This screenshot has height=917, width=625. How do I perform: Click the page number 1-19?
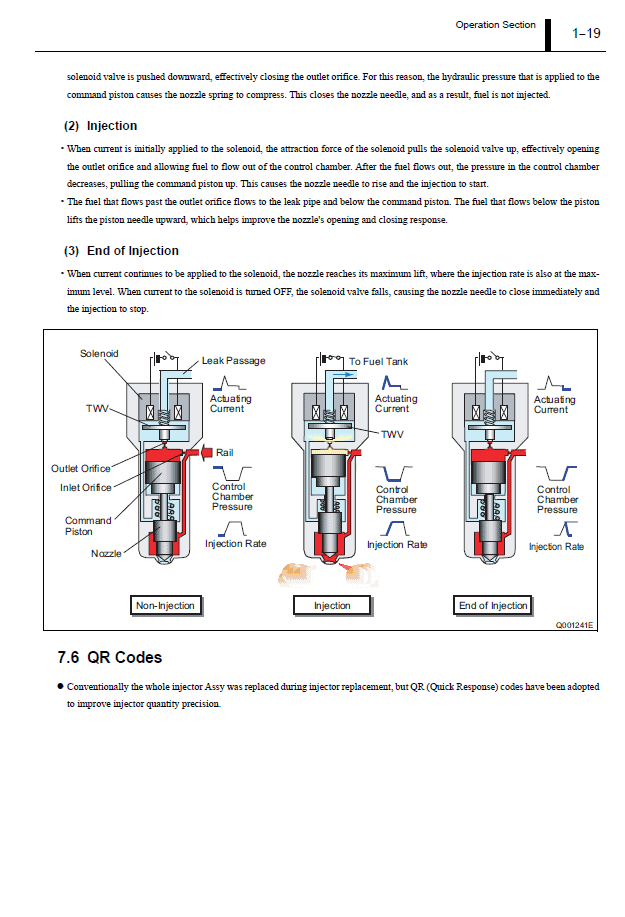(x=586, y=33)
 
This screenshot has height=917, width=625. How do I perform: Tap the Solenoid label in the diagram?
(x=99, y=354)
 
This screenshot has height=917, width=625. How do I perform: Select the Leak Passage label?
(x=233, y=361)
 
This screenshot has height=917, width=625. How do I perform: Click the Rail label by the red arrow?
(x=225, y=453)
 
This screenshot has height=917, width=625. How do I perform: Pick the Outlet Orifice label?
(x=81, y=468)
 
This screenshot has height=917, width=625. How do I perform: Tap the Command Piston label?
(x=88, y=526)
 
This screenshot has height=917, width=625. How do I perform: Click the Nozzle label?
(x=105, y=553)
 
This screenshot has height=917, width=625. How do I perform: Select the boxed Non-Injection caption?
(x=165, y=605)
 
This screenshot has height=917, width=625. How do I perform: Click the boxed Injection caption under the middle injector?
(x=332, y=605)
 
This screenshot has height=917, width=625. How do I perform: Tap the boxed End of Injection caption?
(x=493, y=605)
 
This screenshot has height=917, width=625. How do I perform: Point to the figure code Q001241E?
(x=574, y=625)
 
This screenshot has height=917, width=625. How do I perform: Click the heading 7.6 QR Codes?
(x=110, y=657)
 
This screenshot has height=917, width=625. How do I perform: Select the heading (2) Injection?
(x=100, y=126)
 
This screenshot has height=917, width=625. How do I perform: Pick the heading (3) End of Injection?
(x=121, y=250)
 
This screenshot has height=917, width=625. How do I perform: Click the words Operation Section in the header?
(x=495, y=25)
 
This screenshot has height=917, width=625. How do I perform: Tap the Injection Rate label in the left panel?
(x=236, y=544)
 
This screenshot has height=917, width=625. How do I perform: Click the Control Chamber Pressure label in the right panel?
(x=557, y=500)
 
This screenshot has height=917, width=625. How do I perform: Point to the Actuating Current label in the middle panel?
(x=392, y=404)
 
